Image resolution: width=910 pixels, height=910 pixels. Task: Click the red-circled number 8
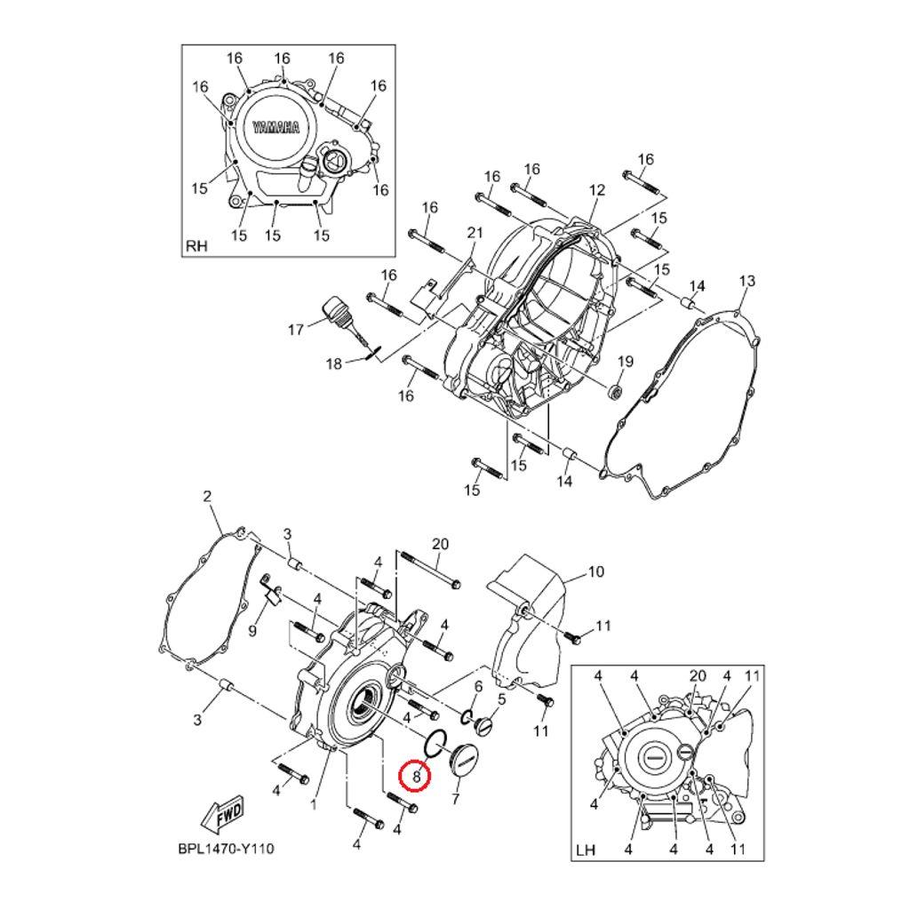pyautogui.click(x=416, y=775)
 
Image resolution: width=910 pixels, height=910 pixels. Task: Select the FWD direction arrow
pyautogui.click(x=221, y=818)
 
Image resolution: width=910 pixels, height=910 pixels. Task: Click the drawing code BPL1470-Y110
pyautogui.click(x=226, y=849)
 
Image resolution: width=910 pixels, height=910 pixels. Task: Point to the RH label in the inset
pyautogui.click(x=196, y=246)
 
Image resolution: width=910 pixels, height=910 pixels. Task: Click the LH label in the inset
pyautogui.click(x=587, y=850)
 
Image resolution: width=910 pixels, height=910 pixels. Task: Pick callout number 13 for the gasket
pyautogui.click(x=747, y=281)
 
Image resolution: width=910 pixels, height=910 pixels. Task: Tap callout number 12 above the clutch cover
pyautogui.click(x=597, y=190)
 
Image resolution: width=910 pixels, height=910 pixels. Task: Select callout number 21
pyautogui.click(x=475, y=233)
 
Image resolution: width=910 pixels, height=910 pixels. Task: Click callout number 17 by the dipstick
pyautogui.click(x=296, y=330)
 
